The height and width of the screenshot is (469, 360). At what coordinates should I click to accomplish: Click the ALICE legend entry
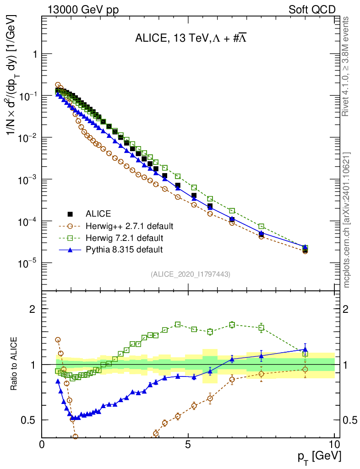pos(98,213)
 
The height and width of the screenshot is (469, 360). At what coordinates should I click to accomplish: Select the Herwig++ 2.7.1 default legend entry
pos(129,226)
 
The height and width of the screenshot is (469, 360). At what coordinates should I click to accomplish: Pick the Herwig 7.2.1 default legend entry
pos(124,238)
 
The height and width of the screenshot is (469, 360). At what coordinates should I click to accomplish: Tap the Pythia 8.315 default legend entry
pos(124,250)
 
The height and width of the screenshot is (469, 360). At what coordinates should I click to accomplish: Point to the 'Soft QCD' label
pos(312,10)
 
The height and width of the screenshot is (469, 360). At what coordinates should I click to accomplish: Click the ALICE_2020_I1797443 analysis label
pos(190,274)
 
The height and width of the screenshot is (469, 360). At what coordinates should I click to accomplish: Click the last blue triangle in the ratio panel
pos(305,349)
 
